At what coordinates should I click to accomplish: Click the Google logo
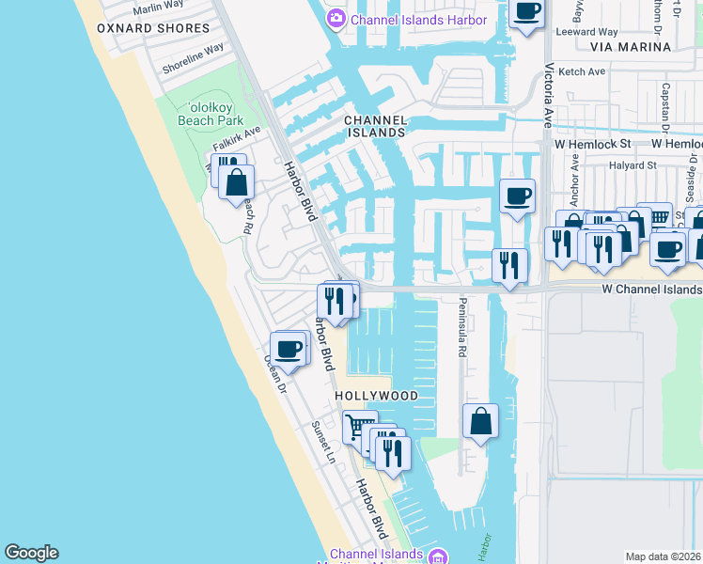[x=31, y=553]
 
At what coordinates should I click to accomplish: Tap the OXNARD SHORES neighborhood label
[x=153, y=28]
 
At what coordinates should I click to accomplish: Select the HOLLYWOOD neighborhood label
[x=377, y=397]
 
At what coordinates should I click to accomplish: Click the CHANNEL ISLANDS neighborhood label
[x=376, y=126]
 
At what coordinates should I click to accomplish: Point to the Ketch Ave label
[x=582, y=71]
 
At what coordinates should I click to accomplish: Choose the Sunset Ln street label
[x=323, y=441]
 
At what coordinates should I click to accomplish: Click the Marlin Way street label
[x=158, y=7]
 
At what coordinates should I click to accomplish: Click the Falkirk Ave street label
[x=236, y=140]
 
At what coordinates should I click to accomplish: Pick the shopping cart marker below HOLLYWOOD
[x=357, y=427]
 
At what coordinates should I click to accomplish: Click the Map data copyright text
[x=663, y=556]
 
